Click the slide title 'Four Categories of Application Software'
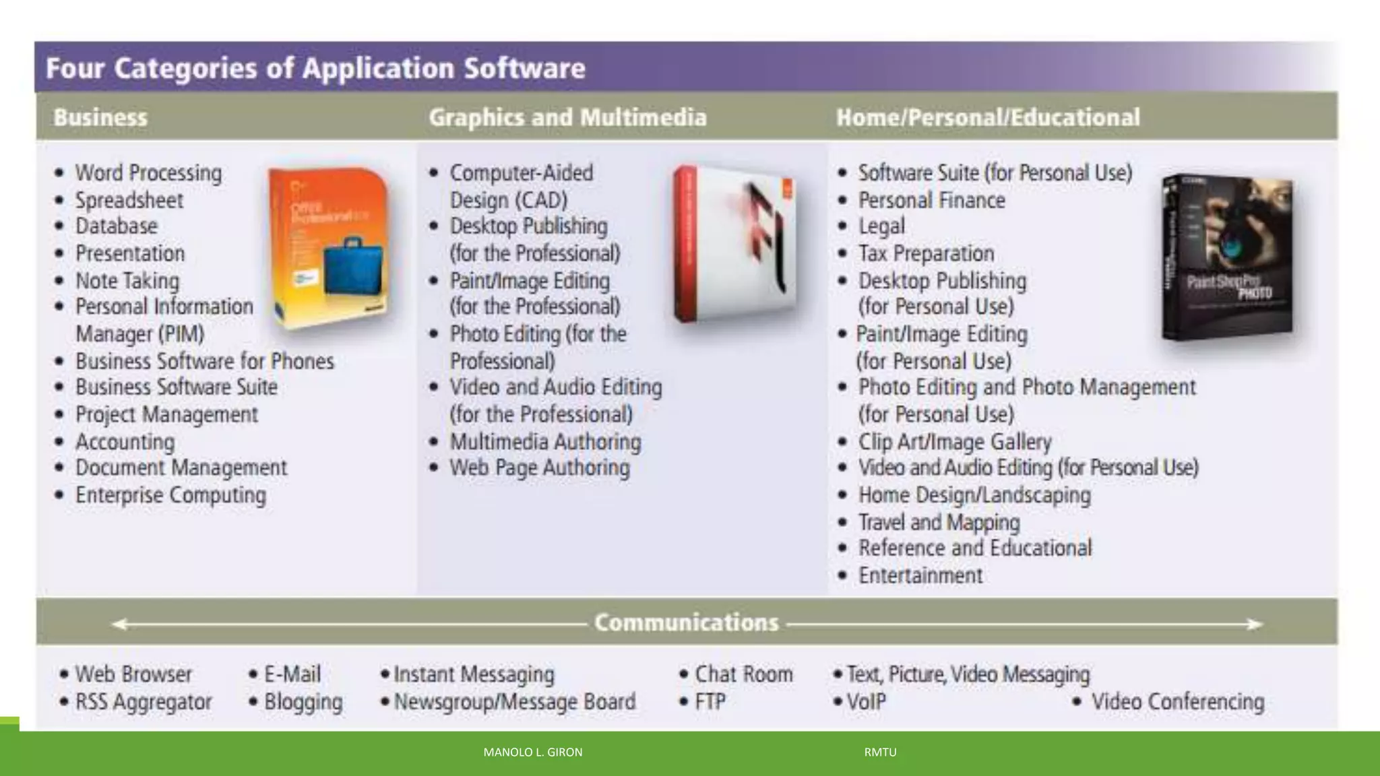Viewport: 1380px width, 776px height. click(315, 69)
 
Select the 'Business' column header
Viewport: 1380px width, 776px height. click(100, 117)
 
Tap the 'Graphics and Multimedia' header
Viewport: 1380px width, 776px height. click(567, 117)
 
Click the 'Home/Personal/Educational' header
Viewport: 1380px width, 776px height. click(988, 117)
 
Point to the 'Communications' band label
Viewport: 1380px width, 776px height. click(686, 622)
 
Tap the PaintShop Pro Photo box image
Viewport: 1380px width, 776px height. click(1227, 257)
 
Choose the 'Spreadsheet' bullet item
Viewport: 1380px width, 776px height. click(129, 200)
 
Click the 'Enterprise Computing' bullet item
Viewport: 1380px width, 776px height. click(170, 495)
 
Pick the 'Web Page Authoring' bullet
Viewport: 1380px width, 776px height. click(539, 467)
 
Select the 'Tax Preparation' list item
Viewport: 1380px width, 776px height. click(926, 253)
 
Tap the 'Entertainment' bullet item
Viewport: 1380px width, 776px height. click(920, 575)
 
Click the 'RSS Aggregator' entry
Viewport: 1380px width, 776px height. click(143, 702)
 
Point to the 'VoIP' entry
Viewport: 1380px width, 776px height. click(866, 702)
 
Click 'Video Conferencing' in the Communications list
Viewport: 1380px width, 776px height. click(1177, 702)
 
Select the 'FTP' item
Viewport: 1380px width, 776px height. click(710, 702)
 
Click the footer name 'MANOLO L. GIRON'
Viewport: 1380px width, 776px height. click(532, 752)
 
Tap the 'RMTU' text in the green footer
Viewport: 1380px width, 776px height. click(880, 752)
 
